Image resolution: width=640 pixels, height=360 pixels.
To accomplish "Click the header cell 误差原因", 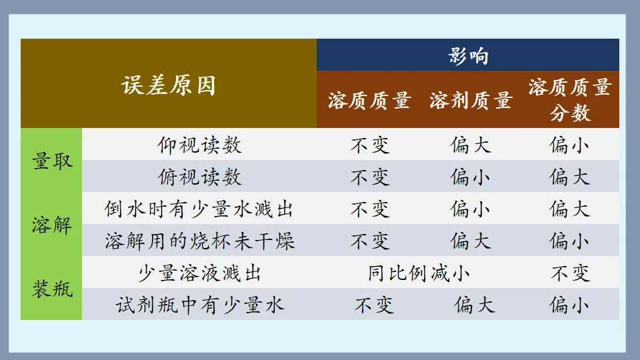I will tap(169, 85).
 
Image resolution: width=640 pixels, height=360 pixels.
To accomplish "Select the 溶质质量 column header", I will tap(369, 101).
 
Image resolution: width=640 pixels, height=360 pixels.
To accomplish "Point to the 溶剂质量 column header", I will tap(471, 101).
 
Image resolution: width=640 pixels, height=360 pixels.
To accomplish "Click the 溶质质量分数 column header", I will tap(570, 100).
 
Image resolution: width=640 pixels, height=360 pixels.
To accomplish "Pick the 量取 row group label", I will tap(52, 161).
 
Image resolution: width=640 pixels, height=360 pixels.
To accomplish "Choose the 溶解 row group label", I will tap(52, 225).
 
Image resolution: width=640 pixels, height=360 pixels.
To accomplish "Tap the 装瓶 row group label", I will tap(52, 289).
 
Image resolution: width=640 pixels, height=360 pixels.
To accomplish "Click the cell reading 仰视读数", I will tap(199, 145).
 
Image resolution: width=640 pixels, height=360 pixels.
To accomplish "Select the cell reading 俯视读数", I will tap(199, 177).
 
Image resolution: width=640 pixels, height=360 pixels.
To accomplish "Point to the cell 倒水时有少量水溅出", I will tap(199, 209).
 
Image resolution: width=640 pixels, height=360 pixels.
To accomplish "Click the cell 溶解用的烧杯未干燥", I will tap(199, 241).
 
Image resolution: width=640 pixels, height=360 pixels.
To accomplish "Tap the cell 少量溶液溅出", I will tap(199, 273).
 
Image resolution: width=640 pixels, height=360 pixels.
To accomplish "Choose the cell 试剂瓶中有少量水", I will tap(199, 305).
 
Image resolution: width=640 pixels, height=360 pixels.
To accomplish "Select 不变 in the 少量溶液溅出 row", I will tap(570, 273).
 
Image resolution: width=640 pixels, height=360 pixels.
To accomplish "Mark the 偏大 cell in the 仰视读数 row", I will tap(471, 145).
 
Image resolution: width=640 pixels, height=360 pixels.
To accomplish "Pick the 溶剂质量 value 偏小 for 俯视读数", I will tap(471, 177).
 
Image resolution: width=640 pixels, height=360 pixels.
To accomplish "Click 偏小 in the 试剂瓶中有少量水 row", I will tap(570, 305).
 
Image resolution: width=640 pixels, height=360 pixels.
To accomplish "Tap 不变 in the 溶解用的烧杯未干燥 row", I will tap(370, 241).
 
